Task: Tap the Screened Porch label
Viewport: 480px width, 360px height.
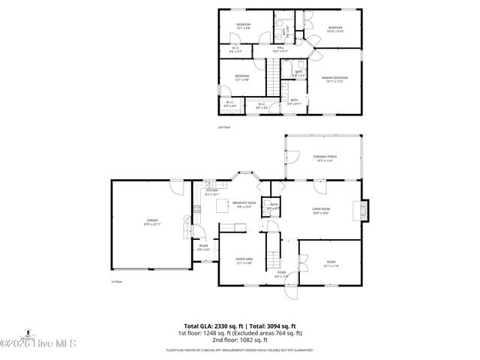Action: [325, 157]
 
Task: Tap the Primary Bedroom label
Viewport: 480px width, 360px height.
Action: [334, 79]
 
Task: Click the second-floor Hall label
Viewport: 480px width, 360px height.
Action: [280, 49]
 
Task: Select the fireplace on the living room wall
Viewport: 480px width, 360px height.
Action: [365, 210]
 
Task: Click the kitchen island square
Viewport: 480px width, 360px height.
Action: [223, 205]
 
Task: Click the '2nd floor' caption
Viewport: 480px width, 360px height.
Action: [225, 127]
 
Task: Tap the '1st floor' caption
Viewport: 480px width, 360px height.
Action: [116, 282]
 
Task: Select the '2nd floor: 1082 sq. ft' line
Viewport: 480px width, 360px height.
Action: [240, 340]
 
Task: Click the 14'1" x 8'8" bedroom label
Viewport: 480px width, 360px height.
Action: [243, 27]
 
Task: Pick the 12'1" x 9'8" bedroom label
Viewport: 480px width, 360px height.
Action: [241, 78]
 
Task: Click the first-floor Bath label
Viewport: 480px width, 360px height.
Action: [274, 206]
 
